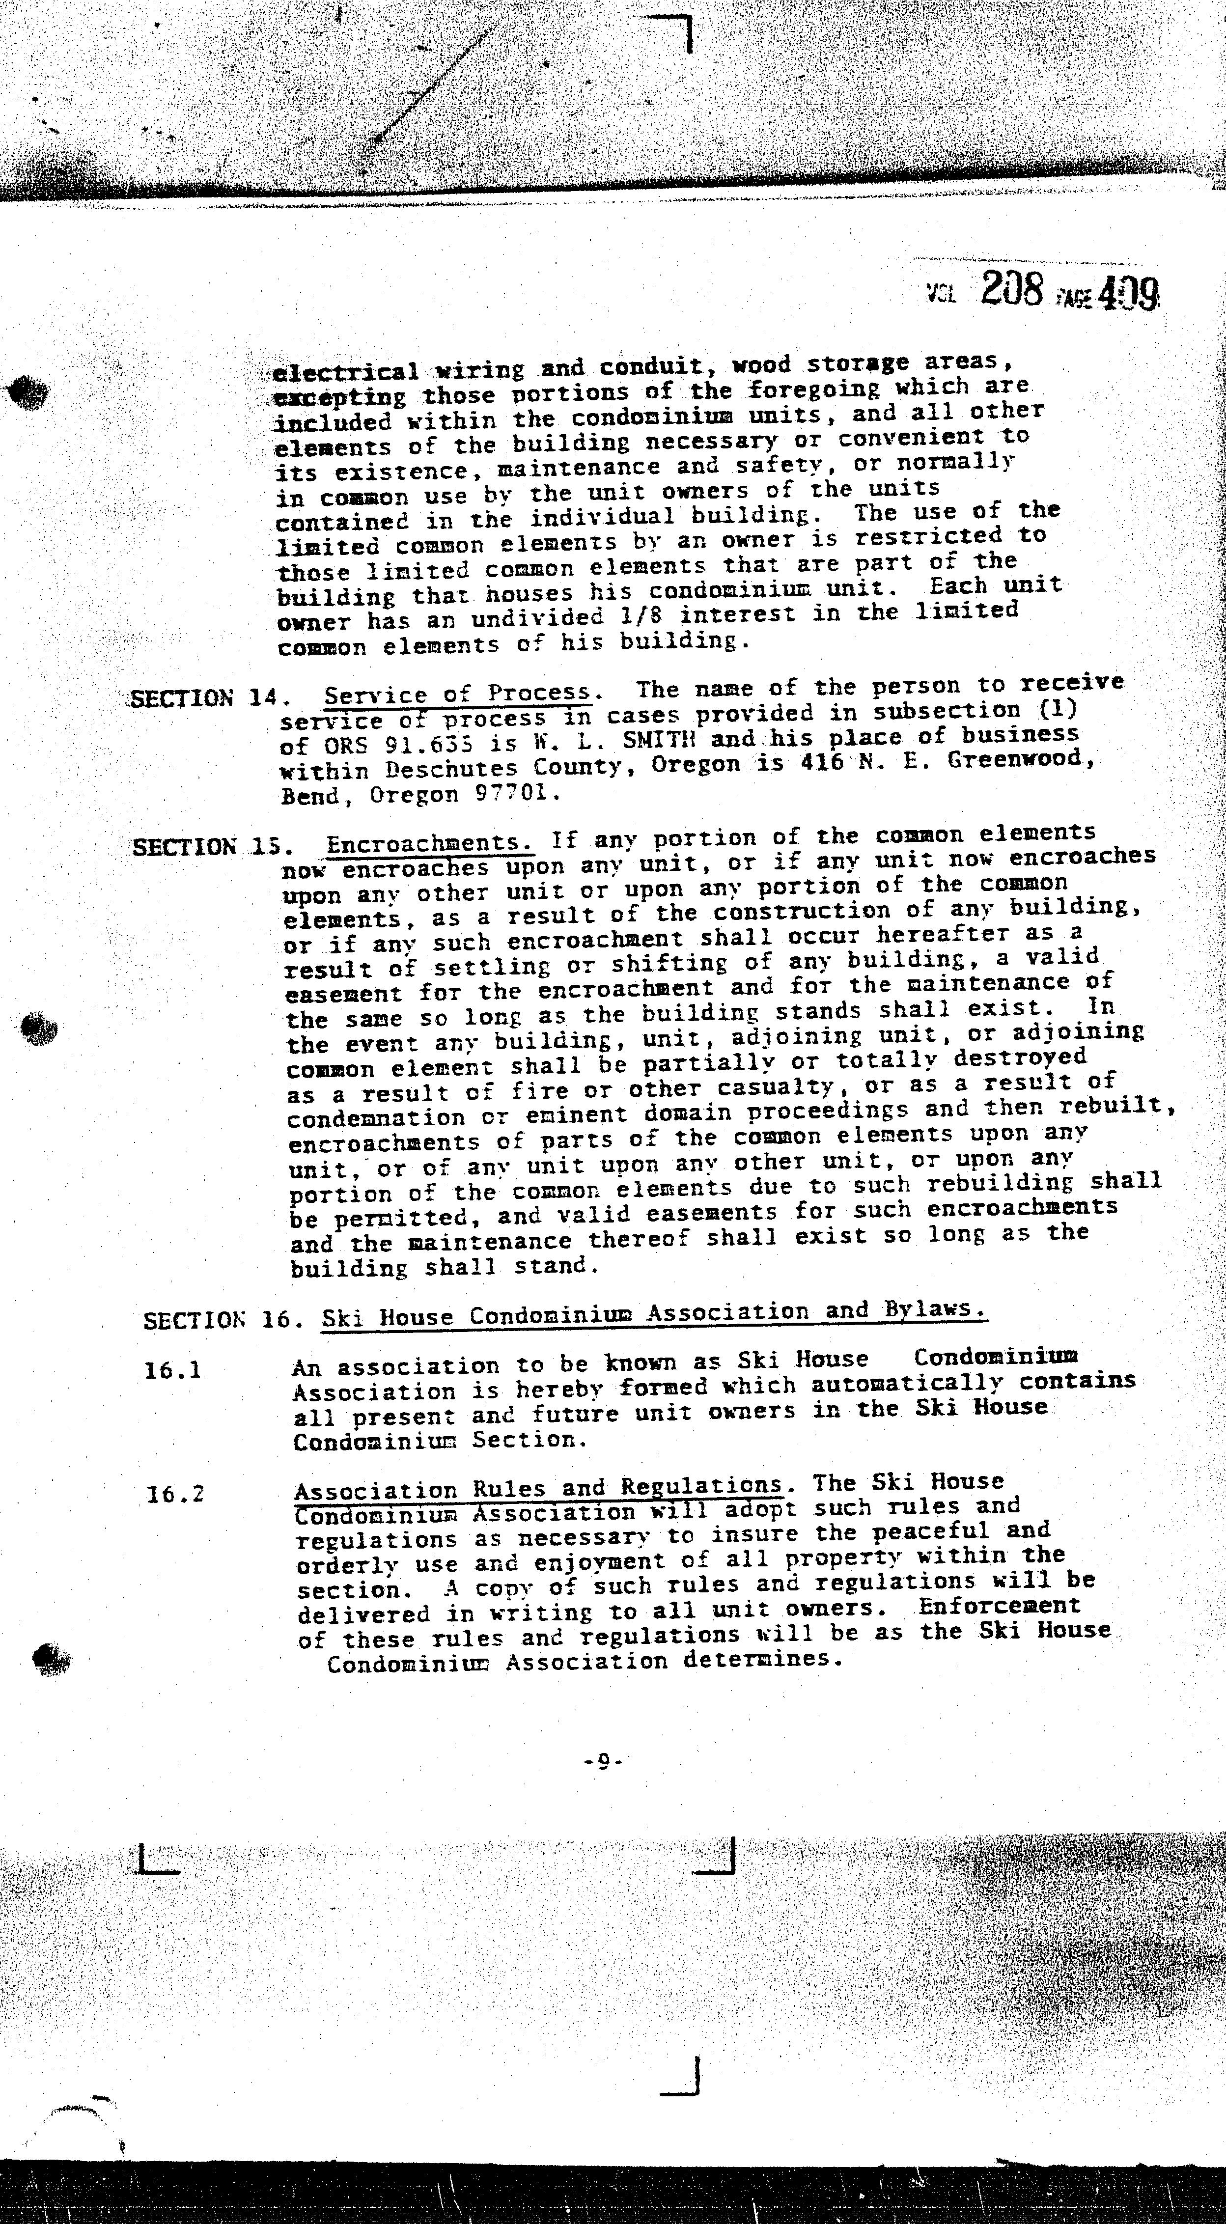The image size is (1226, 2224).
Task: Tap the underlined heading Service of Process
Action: pyautogui.click(x=458, y=693)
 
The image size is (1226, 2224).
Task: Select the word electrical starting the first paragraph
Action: pyautogui.click(x=345, y=373)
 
